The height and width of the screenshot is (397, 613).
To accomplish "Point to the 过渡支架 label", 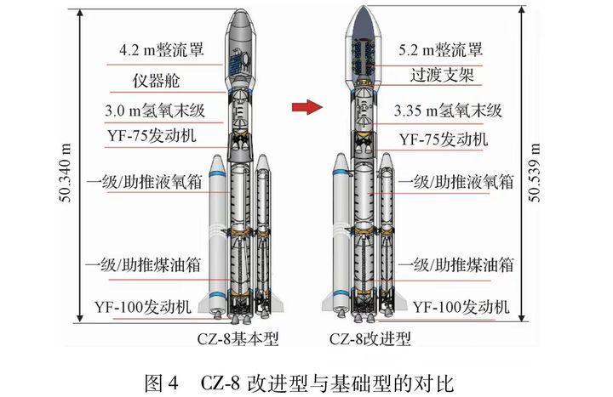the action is (x=443, y=77).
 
